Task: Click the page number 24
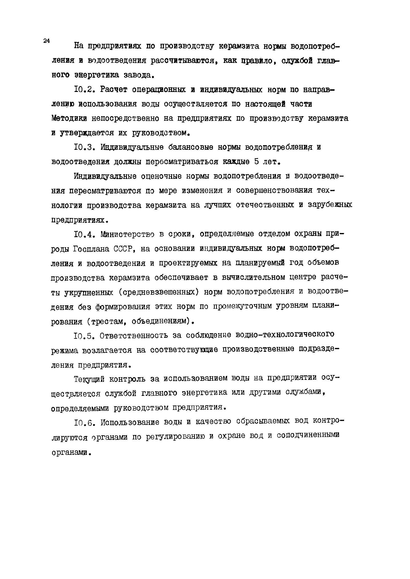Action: click(x=47, y=41)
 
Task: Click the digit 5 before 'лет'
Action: click(x=257, y=162)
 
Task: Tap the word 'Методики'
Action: click(x=69, y=119)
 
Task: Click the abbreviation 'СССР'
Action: click(x=123, y=249)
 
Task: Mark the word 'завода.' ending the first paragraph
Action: click(x=139, y=75)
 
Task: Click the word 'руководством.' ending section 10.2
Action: click(x=161, y=133)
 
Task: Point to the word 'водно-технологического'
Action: click(x=285, y=335)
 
